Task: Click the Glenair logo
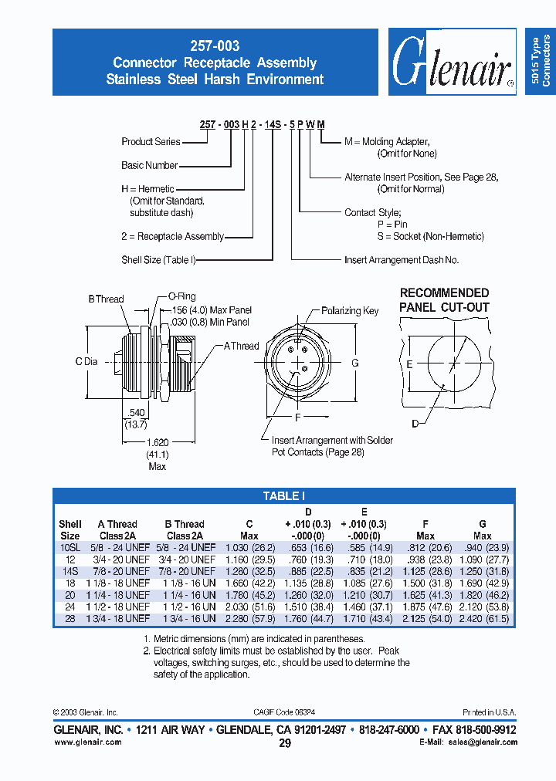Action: [x=453, y=63]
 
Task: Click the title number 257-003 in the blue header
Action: [x=215, y=46]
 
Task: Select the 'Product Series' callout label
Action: [x=151, y=142]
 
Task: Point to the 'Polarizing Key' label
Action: [x=350, y=311]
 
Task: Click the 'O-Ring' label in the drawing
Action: [x=182, y=296]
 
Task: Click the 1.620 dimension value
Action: [x=157, y=444]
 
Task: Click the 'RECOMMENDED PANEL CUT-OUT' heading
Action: [x=444, y=300]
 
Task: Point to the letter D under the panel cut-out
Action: [x=415, y=423]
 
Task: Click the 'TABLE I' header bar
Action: [x=284, y=496]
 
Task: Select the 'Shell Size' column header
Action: [x=69, y=529]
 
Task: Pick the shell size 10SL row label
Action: [x=69, y=547]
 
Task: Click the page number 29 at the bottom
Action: [x=284, y=742]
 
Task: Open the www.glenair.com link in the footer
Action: [x=87, y=742]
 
